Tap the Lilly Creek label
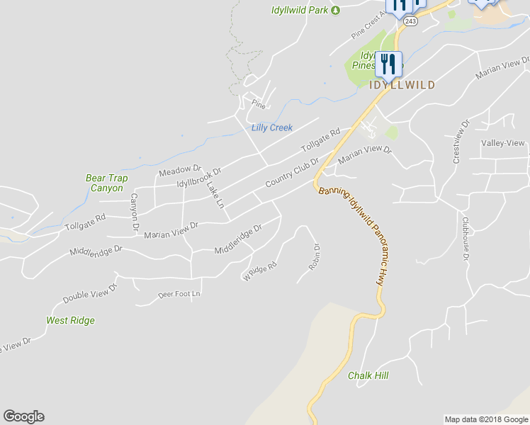[272, 128]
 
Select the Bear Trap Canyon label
[104, 183]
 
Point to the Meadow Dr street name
[181, 171]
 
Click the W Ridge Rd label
[260, 271]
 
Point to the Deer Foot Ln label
[179, 293]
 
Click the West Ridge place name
[70, 320]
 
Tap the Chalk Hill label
[368, 375]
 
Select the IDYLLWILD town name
[402, 84]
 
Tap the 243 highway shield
[410, 22]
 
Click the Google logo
[23, 416]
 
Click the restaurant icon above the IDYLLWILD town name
[388, 64]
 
